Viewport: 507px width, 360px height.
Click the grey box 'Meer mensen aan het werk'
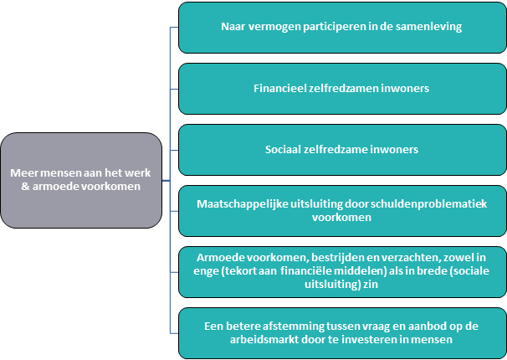click(x=81, y=180)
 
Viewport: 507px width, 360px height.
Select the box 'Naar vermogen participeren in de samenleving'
click(x=342, y=28)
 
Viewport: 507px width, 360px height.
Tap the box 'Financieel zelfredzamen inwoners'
click(x=342, y=89)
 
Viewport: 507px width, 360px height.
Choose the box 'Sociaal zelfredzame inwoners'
click(x=342, y=150)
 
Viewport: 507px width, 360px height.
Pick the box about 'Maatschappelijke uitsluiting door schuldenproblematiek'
click(x=342, y=211)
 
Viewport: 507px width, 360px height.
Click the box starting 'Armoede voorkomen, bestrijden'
click(x=342, y=272)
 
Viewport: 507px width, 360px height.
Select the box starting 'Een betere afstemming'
click(x=342, y=333)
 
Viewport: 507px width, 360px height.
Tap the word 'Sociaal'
click(x=283, y=149)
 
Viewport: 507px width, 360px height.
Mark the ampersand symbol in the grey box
click(x=25, y=187)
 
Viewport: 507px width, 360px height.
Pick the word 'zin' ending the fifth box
click(x=371, y=285)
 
